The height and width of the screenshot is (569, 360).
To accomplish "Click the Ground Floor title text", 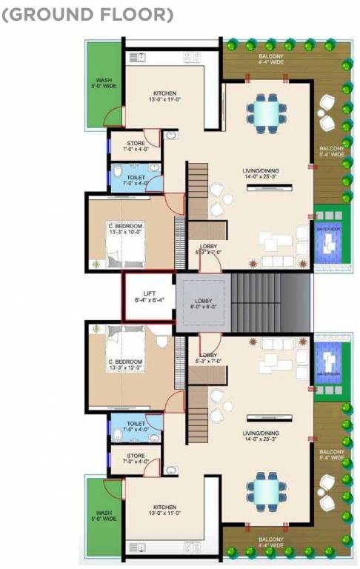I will point(88,14).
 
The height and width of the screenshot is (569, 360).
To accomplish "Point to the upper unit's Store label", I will point(136,147).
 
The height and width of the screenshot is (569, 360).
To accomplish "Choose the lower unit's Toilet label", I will point(136,427).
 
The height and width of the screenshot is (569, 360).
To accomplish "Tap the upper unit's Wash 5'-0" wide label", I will point(104,84).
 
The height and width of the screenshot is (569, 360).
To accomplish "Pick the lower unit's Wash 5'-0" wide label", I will point(104,516).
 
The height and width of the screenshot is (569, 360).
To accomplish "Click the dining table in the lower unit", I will point(265,489).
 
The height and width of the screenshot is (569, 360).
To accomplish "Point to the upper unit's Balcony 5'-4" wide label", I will point(332,153).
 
